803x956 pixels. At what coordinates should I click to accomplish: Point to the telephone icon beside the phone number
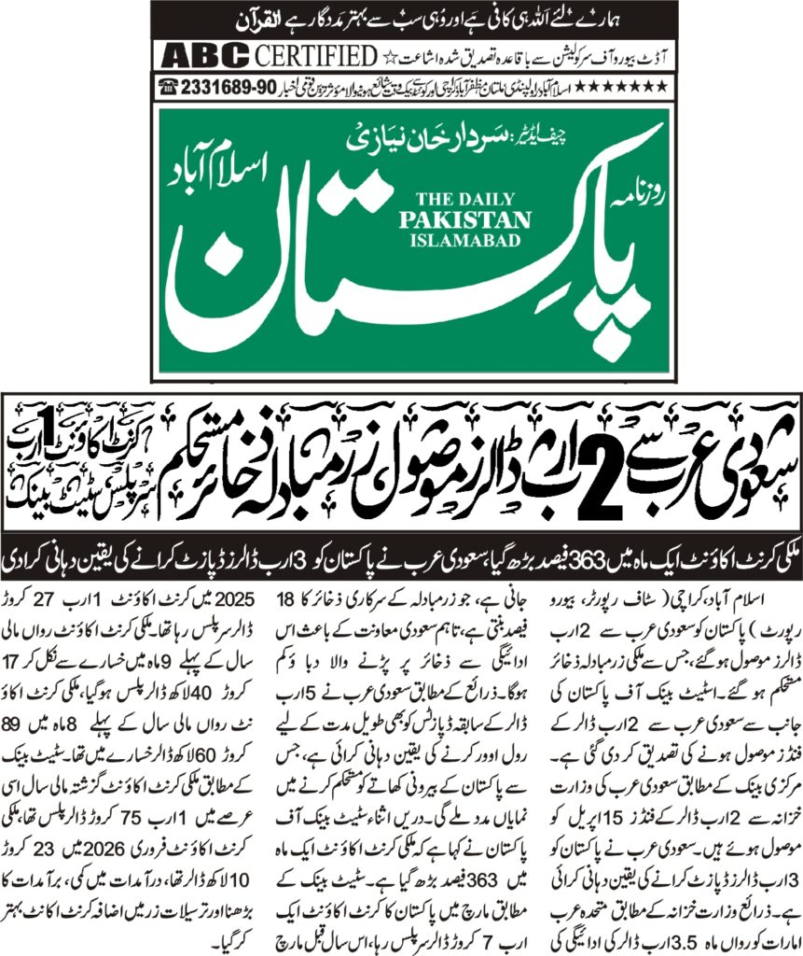[169, 86]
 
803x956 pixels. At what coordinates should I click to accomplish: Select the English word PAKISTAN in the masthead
[464, 218]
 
